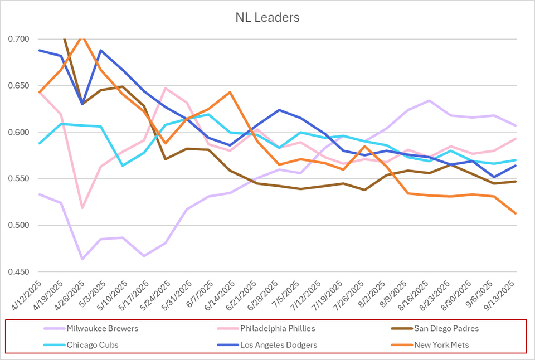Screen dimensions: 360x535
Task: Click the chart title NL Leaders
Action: coord(267,17)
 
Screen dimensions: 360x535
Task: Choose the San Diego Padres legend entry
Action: coord(446,328)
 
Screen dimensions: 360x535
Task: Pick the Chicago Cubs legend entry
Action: coord(93,345)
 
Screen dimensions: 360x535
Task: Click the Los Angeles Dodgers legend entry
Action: coord(279,345)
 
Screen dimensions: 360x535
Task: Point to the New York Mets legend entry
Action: coord(441,345)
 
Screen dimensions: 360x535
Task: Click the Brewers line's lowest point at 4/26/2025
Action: coord(82,259)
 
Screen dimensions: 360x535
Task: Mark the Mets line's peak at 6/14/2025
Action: coord(230,92)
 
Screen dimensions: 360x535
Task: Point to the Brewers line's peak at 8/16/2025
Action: coord(429,100)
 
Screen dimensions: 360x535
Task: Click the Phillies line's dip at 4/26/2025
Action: coord(82,208)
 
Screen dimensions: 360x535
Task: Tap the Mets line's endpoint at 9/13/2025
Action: coord(515,213)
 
